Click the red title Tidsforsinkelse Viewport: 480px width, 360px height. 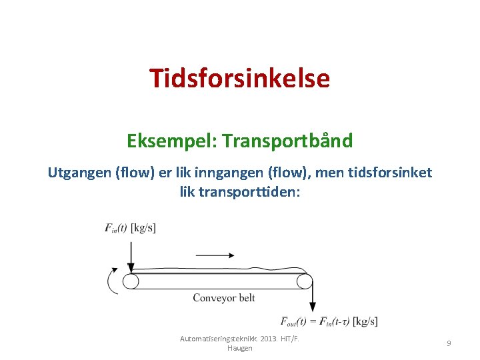point(239,79)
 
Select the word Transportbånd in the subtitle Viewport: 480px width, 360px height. point(288,141)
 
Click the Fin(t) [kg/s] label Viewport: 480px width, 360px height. point(131,227)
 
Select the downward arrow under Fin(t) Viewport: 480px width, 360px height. point(131,253)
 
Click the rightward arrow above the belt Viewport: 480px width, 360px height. point(214,255)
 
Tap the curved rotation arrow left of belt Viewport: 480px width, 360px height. point(111,281)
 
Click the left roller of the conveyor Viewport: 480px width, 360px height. point(131,281)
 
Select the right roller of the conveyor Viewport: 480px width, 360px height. point(305,281)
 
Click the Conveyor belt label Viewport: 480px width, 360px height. point(223,298)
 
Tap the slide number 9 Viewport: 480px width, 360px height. point(449,343)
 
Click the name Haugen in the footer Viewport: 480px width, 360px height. point(240,349)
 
